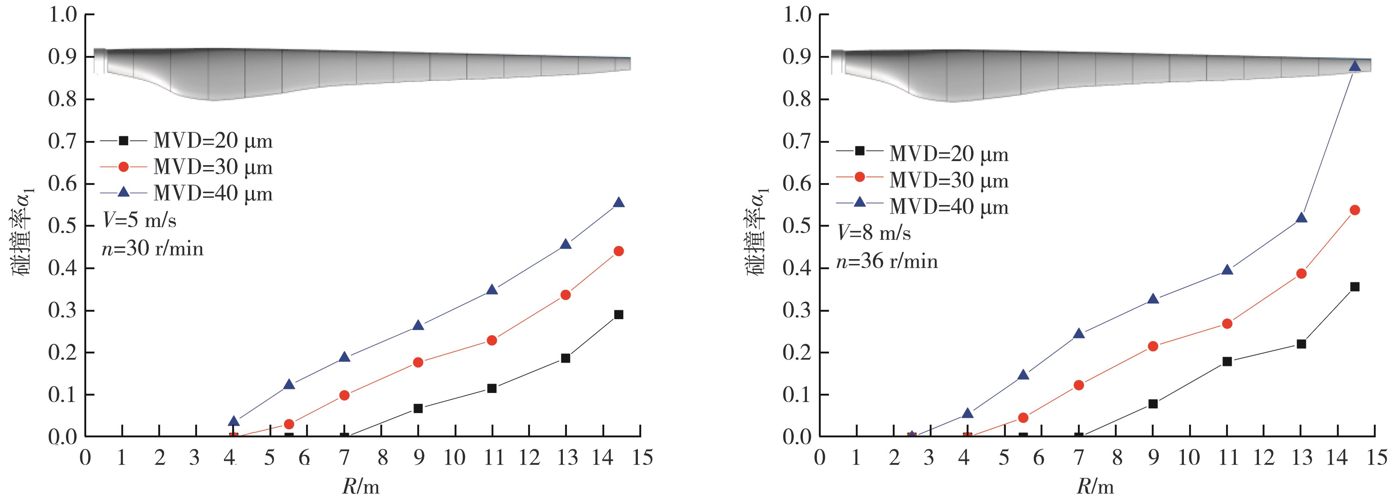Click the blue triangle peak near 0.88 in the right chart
click(x=1354, y=66)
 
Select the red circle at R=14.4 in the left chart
click(x=618, y=251)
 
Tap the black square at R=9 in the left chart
click(x=418, y=408)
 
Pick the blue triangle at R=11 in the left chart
click(x=492, y=290)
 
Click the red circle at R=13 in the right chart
click(x=1301, y=274)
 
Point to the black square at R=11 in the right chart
click(x=1227, y=362)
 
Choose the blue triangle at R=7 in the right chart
click(x=1079, y=333)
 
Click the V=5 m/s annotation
click(x=139, y=220)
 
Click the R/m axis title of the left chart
click(x=361, y=487)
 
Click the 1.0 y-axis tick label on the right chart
click(x=798, y=15)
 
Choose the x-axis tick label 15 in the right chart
click(x=1375, y=458)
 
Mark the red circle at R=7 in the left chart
click(x=344, y=395)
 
